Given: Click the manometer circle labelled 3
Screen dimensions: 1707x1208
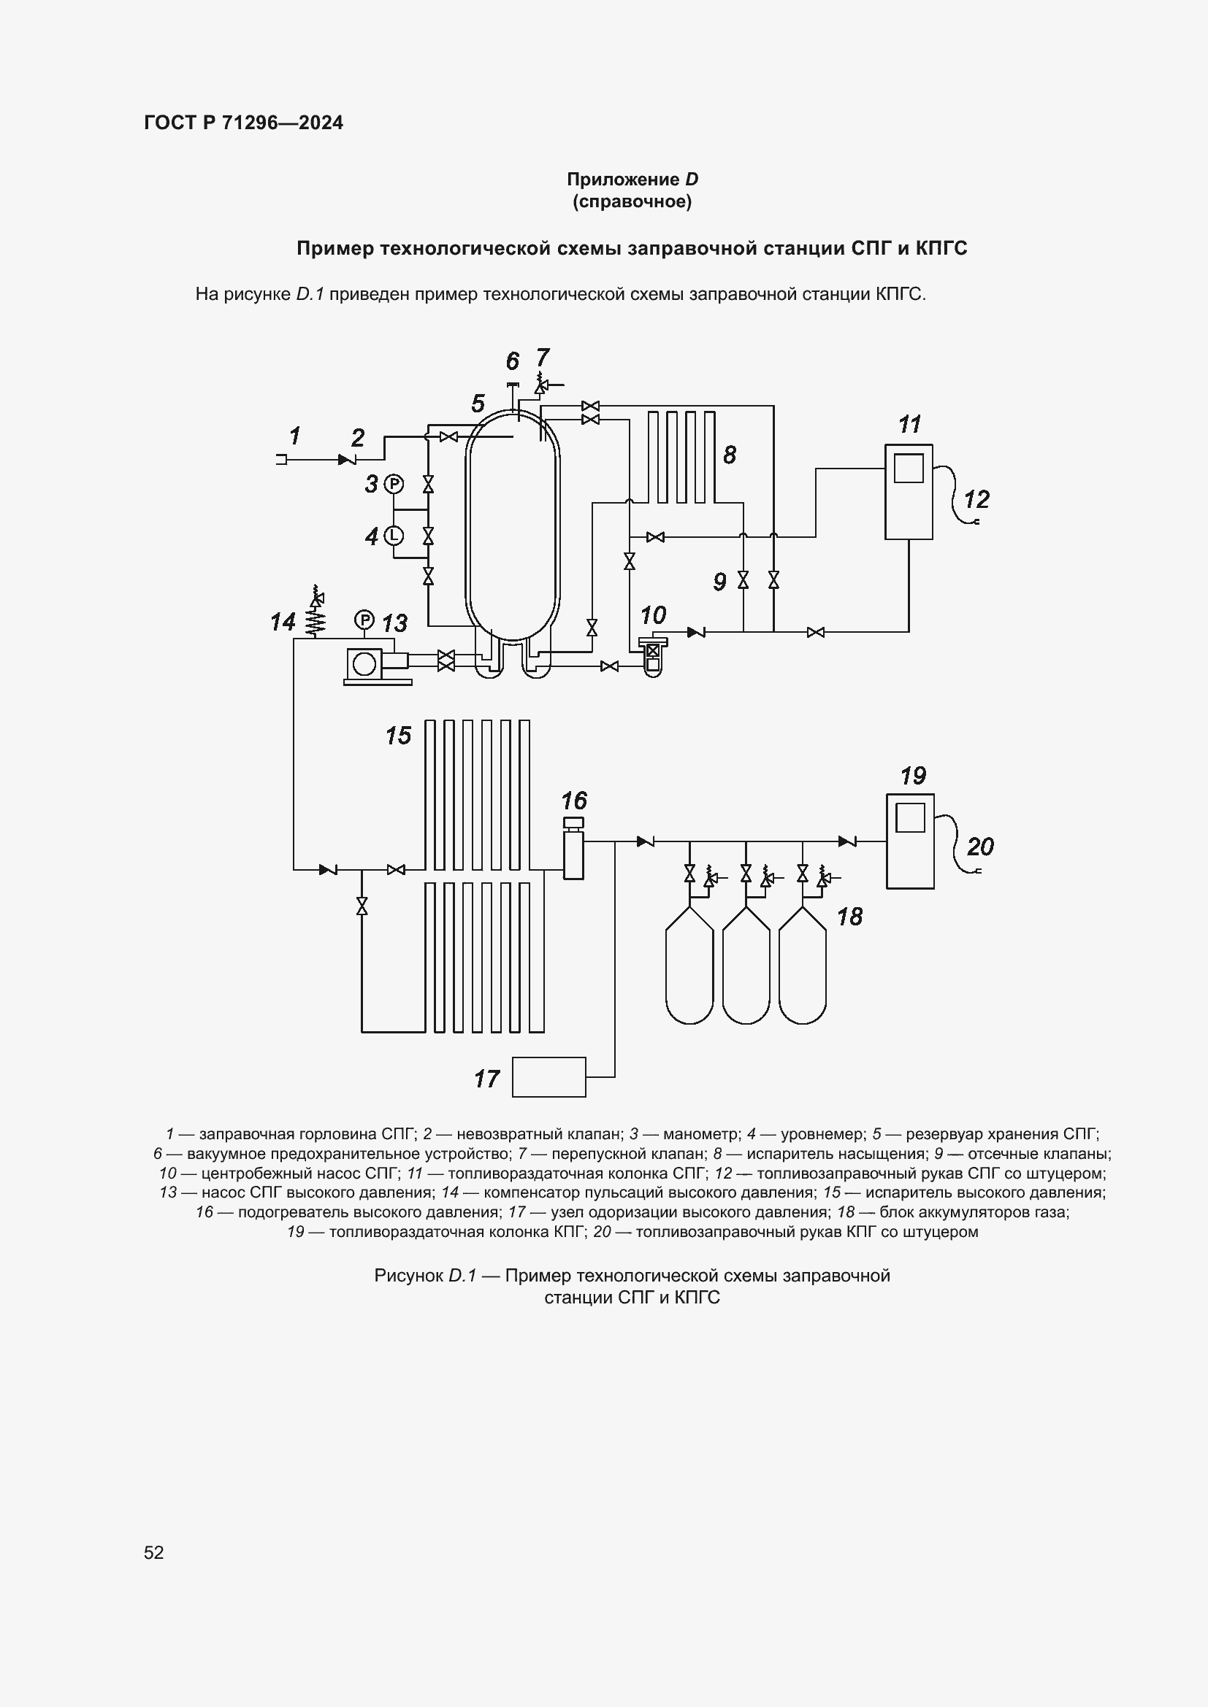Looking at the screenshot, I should tap(393, 485).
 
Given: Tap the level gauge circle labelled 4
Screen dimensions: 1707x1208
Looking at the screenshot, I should tap(393, 535).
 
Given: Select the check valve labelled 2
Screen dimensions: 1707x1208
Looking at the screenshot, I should tap(346, 460).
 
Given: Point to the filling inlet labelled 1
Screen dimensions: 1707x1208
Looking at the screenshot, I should tap(281, 460).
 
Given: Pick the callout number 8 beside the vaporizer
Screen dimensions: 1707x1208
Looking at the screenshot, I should tap(730, 455).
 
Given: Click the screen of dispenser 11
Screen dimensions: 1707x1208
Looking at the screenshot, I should tap(909, 469).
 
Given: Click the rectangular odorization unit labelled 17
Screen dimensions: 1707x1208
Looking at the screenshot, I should tap(549, 1076).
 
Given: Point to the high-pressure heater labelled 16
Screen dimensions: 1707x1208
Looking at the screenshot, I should tap(573, 855).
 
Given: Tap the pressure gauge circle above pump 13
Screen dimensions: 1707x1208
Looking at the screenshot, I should tap(364, 619).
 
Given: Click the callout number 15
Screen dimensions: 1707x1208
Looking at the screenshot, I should tap(398, 736).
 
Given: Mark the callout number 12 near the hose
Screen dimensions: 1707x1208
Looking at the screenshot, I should tap(976, 499).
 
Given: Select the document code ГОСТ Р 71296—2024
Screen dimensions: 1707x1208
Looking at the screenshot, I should tap(243, 123).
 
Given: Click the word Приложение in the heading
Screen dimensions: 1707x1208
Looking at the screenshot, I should tap(622, 180).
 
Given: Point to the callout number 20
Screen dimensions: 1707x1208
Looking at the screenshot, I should tap(979, 846).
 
